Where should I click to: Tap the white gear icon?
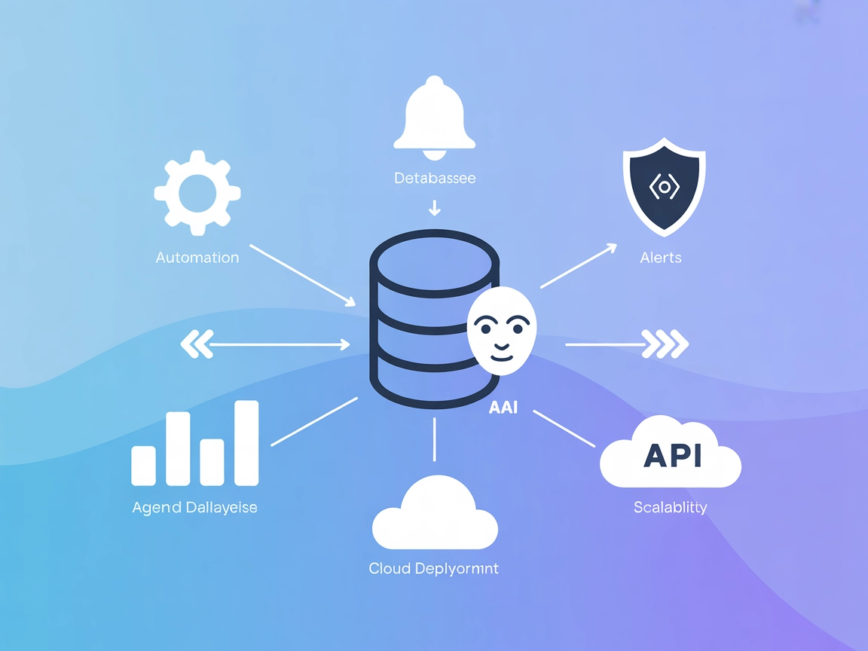pos(197,193)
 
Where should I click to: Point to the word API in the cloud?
pos(673,455)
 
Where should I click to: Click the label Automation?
pos(197,258)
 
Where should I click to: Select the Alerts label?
pos(661,258)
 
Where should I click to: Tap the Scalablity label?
pos(671,507)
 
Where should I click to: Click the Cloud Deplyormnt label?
pos(434,568)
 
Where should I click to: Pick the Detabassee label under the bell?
pos(435,179)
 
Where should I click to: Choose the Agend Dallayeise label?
pos(195,507)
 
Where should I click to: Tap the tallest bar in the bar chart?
pos(246,443)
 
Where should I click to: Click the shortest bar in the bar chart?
pos(143,465)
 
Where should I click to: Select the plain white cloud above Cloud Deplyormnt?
pos(435,514)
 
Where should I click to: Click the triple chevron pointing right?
pos(665,344)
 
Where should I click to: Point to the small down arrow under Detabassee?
pos(434,208)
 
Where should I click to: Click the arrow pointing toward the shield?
pos(579,266)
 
